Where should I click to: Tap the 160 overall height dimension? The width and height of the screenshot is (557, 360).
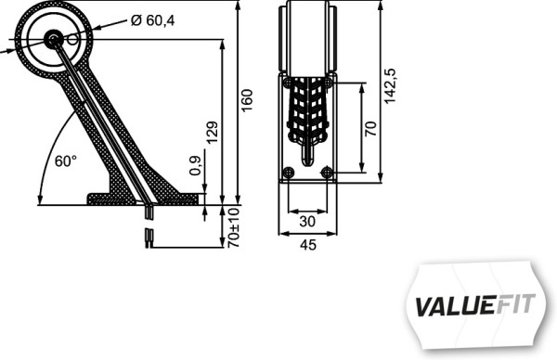point(247,99)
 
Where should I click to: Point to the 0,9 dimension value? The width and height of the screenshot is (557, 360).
point(196,165)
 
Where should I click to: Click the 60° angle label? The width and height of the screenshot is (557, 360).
point(65,161)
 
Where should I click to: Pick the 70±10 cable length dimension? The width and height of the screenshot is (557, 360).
point(235,227)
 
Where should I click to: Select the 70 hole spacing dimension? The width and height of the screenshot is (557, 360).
point(370,128)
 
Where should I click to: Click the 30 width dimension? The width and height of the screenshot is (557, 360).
point(307,222)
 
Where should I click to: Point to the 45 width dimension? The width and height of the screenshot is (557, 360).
point(308,245)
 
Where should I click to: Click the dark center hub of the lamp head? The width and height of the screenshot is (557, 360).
point(53,38)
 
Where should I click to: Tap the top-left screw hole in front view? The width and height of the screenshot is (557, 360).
point(288,83)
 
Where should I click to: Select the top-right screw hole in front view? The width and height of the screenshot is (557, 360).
point(327,83)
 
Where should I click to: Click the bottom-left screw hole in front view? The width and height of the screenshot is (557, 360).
point(288,173)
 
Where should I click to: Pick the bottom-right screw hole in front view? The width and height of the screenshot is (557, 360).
point(327,173)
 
